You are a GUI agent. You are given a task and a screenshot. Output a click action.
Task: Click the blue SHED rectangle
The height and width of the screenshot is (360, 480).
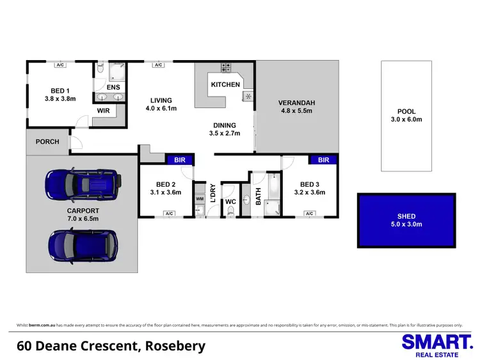[x=406, y=220]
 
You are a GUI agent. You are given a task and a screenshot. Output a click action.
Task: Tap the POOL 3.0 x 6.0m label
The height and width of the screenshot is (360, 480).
[x=406, y=115]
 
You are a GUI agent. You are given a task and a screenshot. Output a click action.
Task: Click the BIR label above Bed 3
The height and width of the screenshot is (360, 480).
[x=323, y=160]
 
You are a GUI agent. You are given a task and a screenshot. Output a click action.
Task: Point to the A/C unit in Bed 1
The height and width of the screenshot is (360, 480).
[x=60, y=65]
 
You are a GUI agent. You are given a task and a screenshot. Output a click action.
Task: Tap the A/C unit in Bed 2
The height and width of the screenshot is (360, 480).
[x=170, y=213]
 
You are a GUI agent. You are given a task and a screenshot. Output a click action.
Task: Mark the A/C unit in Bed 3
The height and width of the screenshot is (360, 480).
[x=309, y=213]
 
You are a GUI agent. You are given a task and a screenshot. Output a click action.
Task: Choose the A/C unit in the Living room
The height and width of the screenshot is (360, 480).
[x=157, y=65]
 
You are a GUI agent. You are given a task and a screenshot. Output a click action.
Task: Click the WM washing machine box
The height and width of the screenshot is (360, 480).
[x=198, y=200]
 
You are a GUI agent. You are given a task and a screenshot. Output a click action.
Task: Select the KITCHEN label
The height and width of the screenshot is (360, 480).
[x=225, y=84]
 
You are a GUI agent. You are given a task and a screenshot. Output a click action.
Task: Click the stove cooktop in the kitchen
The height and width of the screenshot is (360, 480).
[x=226, y=67]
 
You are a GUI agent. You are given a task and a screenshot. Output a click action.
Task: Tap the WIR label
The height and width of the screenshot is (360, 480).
[x=104, y=110]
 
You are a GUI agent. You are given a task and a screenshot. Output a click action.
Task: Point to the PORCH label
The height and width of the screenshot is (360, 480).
[x=47, y=141]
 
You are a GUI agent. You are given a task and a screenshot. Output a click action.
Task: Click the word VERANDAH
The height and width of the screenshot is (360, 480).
[x=296, y=103]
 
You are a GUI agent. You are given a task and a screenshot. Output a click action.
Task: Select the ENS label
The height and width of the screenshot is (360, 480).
[x=113, y=87]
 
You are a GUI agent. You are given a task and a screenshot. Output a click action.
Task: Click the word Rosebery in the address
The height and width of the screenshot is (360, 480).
[x=176, y=347]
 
